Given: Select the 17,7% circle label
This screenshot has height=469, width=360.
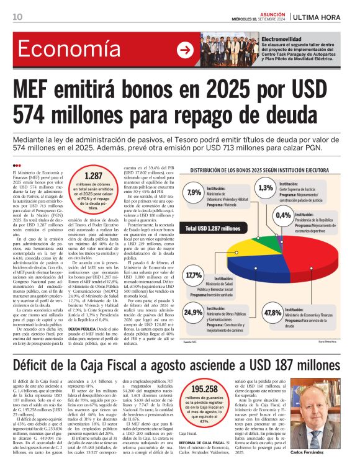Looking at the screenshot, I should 193,274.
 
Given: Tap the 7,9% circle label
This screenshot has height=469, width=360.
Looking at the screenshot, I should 193,192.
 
